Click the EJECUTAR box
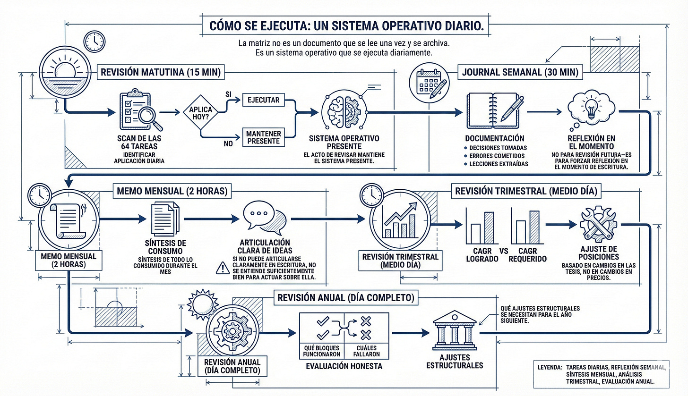coord(264,100)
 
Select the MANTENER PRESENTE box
coord(264,137)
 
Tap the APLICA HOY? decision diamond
coord(200,112)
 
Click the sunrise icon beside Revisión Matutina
coord(65,72)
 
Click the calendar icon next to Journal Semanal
coord(430,83)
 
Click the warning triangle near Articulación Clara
coord(223,268)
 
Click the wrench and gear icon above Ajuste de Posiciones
coord(598,223)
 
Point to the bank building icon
coord(455,330)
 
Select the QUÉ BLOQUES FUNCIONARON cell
coord(322,351)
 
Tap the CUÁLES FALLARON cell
coord(366,351)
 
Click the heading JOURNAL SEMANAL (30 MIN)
coord(520,72)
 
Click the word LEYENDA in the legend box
coord(550,367)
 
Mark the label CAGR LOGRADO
coord(482,255)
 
